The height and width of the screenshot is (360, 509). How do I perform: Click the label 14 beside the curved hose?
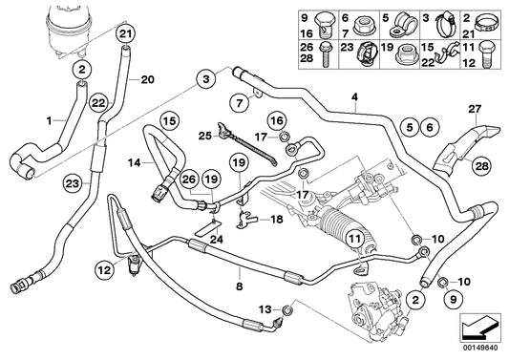(x=135, y=163)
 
